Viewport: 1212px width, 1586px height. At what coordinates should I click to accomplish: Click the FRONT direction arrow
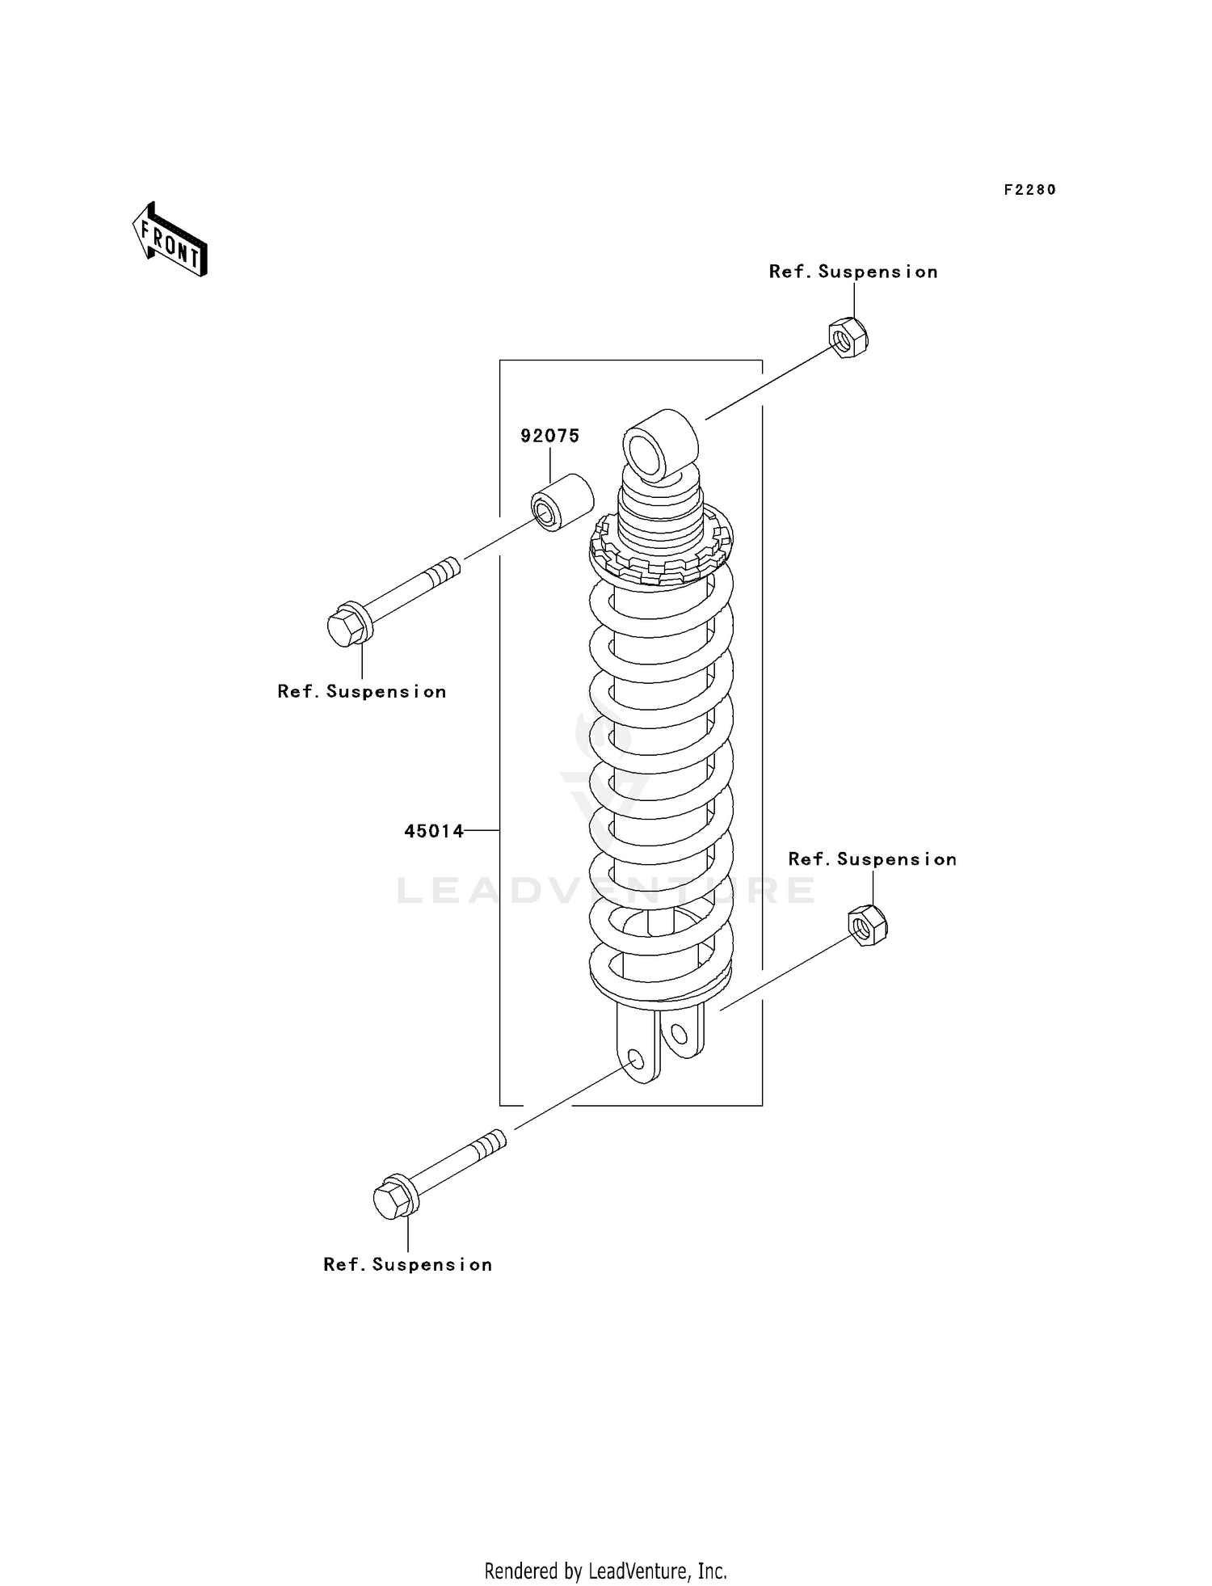[170, 240]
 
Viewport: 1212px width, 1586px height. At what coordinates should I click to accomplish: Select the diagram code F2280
[1029, 190]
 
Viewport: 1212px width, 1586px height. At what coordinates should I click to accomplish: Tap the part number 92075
[549, 437]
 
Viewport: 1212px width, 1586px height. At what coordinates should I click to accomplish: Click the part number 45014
[434, 831]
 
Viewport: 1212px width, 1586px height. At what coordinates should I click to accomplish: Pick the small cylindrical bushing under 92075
[561, 503]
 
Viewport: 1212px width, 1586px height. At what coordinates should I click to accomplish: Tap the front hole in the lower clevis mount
[635, 1060]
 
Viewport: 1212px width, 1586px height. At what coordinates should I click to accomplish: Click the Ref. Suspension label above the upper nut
[853, 272]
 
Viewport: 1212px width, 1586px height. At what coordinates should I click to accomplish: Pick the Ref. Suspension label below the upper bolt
[362, 692]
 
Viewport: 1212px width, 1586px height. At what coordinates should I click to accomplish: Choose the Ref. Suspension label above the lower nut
[873, 860]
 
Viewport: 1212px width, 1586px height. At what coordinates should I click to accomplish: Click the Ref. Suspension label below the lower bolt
[408, 1265]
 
